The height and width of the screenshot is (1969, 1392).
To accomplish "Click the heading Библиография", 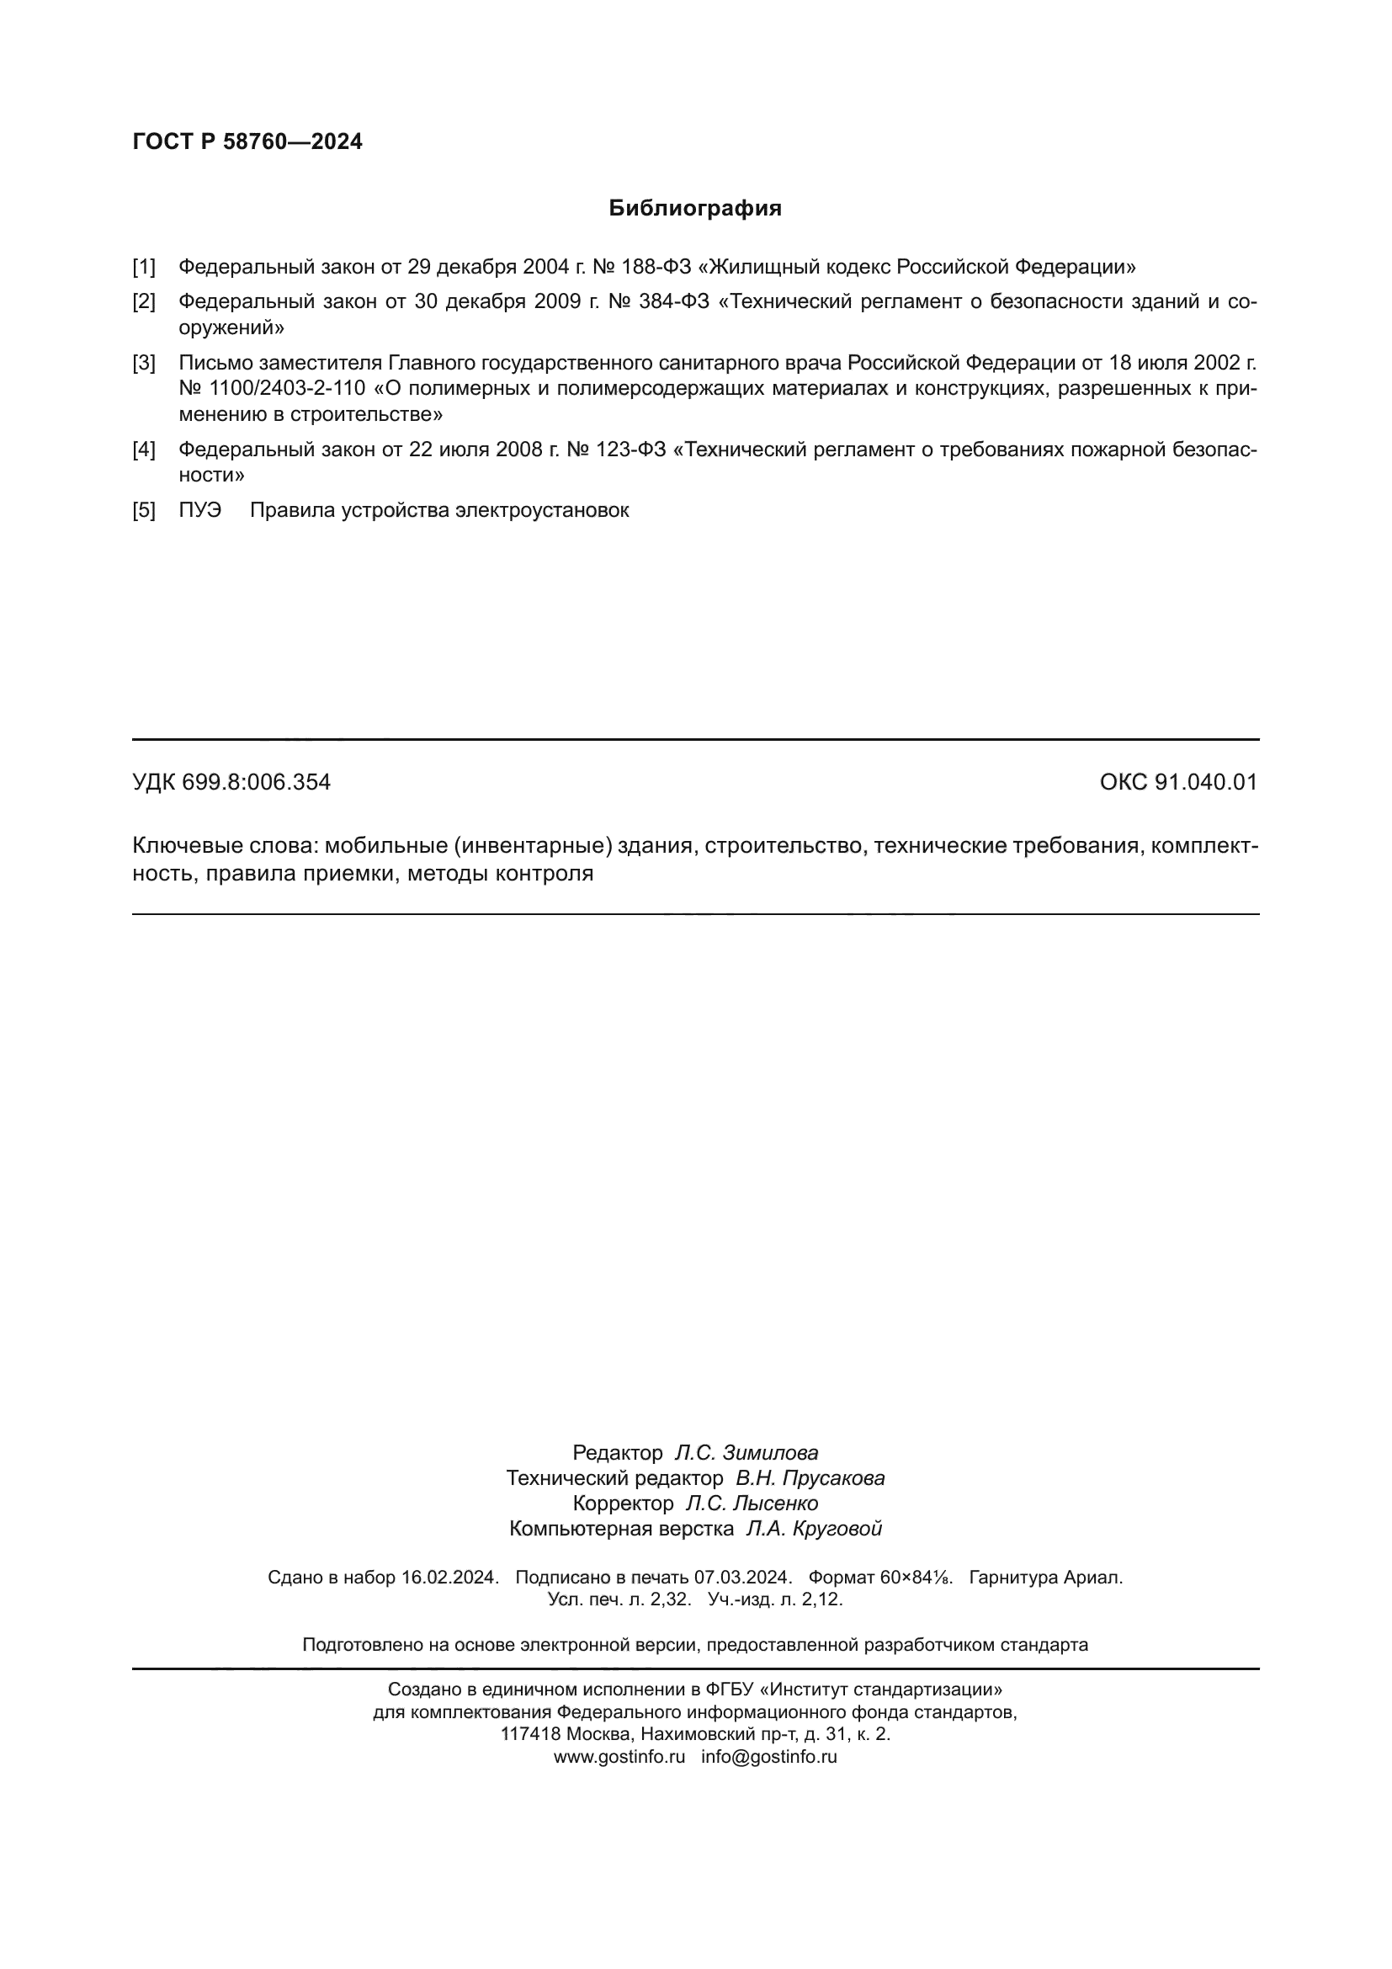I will (x=695, y=209).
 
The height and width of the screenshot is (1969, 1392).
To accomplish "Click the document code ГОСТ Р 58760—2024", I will (x=247, y=141).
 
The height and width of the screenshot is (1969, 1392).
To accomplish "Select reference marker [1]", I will (x=144, y=267).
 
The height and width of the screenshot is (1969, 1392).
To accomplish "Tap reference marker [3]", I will (x=144, y=363).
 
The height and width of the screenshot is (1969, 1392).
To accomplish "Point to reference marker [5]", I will (x=144, y=510).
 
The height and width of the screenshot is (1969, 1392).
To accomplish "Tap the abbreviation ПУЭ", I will (x=199, y=510).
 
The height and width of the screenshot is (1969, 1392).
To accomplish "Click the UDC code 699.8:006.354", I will (x=257, y=782).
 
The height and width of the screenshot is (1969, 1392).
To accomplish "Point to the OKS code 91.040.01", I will (x=1206, y=782).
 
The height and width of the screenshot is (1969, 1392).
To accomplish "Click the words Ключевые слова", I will (x=225, y=846).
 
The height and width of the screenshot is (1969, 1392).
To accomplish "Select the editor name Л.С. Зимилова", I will (x=746, y=1453).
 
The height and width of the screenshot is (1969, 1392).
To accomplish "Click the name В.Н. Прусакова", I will (x=810, y=1478).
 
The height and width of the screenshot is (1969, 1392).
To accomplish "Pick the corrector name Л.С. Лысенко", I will (x=752, y=1503).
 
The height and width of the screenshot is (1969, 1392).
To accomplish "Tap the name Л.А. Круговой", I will (x=814, y=1528).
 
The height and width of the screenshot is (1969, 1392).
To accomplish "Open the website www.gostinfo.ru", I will (x=619, y=1756).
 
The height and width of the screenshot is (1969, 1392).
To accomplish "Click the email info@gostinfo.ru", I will (x=769, y=1756).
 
